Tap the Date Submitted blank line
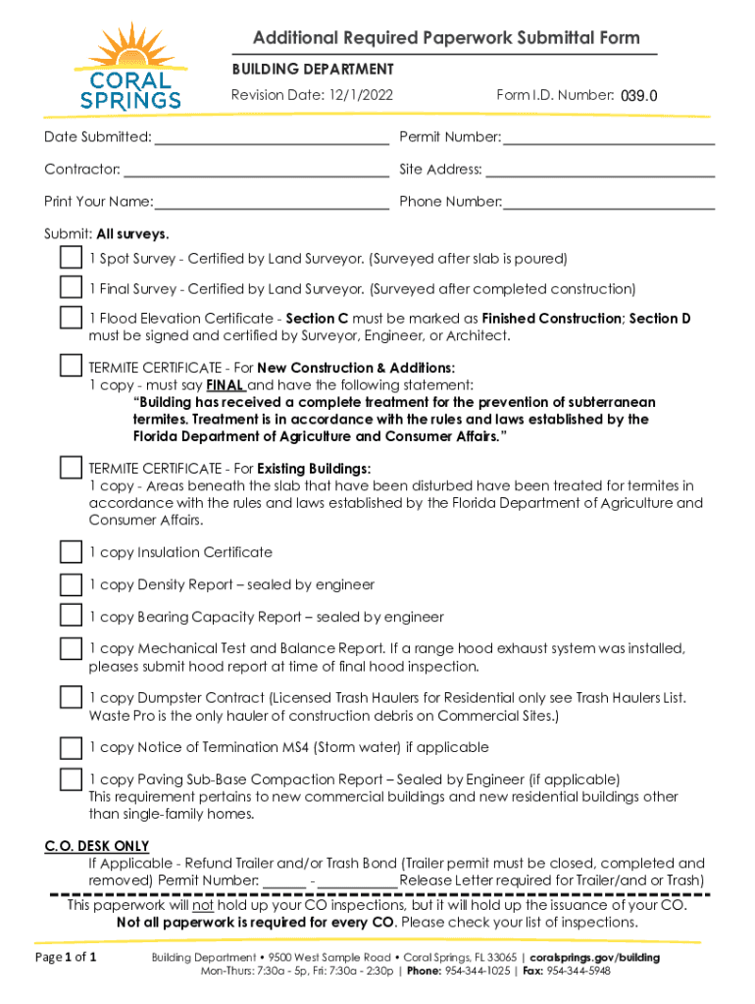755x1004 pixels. (271, 137)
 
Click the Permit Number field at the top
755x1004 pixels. (608, 137)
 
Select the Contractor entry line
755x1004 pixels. (255, 171)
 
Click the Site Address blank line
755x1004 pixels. (600, 171)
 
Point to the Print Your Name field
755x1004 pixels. (272, 203)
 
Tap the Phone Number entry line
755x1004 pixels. (608, 203)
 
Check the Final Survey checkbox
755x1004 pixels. (71, 288)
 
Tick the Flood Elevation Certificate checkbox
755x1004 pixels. (71, 319)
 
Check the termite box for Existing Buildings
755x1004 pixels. (71, 467)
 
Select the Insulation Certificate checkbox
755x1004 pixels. (71, 552)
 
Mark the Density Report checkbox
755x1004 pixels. (71, 584)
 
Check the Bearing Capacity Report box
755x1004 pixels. (71, 617)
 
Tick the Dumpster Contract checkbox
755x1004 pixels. (71, 697)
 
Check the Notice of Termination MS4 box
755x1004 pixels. (71, 747)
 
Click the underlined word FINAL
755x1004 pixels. (226, 384)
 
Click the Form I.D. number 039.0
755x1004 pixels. (637, 96)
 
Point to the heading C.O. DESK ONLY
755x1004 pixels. (97, 846)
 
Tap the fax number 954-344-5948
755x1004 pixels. (579, 971)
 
